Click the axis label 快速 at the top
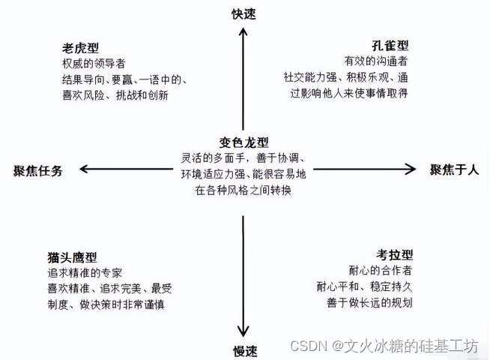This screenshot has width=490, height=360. (244, 13)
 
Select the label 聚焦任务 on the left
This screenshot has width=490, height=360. (38, 170)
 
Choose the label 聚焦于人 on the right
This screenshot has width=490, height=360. (454, 169)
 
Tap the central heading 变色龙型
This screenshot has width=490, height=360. (244, 142)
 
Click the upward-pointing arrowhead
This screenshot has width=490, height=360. (243, 34)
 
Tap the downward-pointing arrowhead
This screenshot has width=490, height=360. (243, 333)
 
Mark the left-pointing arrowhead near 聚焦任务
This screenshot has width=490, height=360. (83, 169)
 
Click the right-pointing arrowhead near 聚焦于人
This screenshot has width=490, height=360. (412, 169)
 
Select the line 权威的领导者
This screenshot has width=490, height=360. (94, 63)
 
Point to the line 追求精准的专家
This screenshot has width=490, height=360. (84, 272)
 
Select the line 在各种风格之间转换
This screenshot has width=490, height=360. (244, 190)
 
